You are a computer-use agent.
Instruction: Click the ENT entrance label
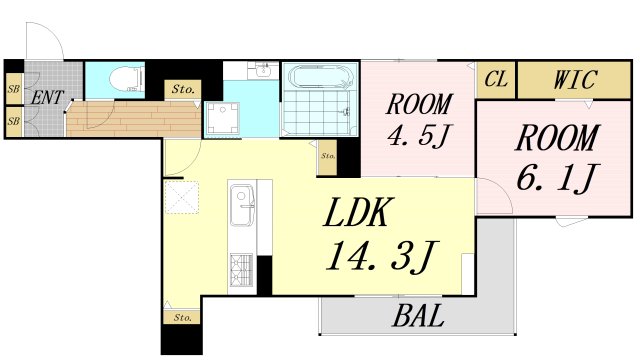coord(47,98)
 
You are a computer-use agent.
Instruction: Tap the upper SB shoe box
coord(13,89)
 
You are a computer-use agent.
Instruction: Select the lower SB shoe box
coord(13,121)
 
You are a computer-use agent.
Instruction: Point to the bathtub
coord(320,76)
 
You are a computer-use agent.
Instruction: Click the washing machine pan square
coord(222,118)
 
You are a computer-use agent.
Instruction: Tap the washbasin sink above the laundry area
coord(263,70)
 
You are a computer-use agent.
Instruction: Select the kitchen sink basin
coord(242,204)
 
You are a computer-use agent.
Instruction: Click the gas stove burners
coord(241,269)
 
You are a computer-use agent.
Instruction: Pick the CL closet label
coord(496,79)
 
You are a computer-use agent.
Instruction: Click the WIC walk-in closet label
coord(575,79)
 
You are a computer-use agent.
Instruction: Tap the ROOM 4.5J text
coord(419,120)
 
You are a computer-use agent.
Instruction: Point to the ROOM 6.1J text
coord(556,160)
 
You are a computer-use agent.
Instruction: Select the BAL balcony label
coord(418,316)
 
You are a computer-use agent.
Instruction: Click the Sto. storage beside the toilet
coord(182,89)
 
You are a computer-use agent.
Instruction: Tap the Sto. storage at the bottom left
coord(182,317)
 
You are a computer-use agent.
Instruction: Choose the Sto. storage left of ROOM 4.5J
coord(327,158)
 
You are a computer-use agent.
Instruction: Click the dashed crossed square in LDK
coord(182,198)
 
